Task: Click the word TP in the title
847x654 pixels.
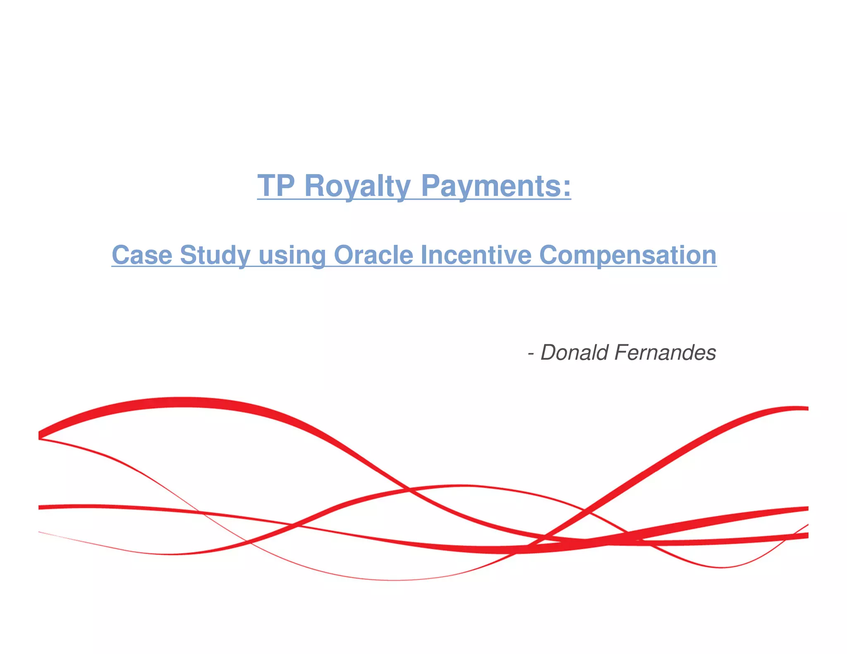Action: click(276, 186)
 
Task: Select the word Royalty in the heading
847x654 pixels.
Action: click(357, 186)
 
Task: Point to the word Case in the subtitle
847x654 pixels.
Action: click(141, 255)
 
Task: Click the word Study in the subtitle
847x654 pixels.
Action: click(215, 255)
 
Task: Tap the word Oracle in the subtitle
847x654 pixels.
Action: click(373, 255)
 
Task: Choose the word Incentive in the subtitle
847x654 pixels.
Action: click(476, 255)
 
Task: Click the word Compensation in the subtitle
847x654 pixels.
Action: click(627, 255)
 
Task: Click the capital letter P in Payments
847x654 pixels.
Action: click(430, 186)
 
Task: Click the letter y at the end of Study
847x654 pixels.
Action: click(244, 257)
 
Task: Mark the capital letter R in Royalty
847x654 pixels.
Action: click(315, 186)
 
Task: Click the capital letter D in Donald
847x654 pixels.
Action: click(549, 353)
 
